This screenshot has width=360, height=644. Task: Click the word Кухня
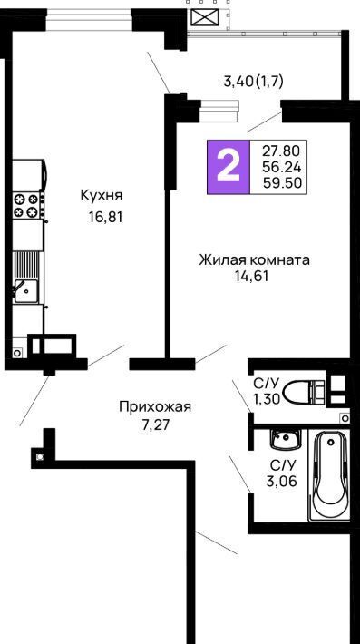pos(102,195)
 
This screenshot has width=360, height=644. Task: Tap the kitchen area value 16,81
pos(105,217)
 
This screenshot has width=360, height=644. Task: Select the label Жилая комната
pos(255,260)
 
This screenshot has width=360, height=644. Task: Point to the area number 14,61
pos(251,276)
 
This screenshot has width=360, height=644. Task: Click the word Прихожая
pos(155,407)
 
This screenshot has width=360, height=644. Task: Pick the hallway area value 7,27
pos(155,424)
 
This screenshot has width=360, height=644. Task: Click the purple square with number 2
pos(229,167)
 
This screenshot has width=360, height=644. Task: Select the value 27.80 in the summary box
pos(282,151)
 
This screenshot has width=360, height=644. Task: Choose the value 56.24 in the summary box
pos(282,167)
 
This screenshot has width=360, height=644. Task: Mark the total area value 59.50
pos(282,182)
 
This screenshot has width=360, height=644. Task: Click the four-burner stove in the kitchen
pos(27,205)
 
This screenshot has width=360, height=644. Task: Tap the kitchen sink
pos(25,291)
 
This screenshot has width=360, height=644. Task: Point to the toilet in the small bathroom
pos(304,392)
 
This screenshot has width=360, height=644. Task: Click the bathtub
pos(330,475)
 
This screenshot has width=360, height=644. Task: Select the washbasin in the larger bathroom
pos(286,440)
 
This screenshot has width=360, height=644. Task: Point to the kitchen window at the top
pos(88,19)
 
